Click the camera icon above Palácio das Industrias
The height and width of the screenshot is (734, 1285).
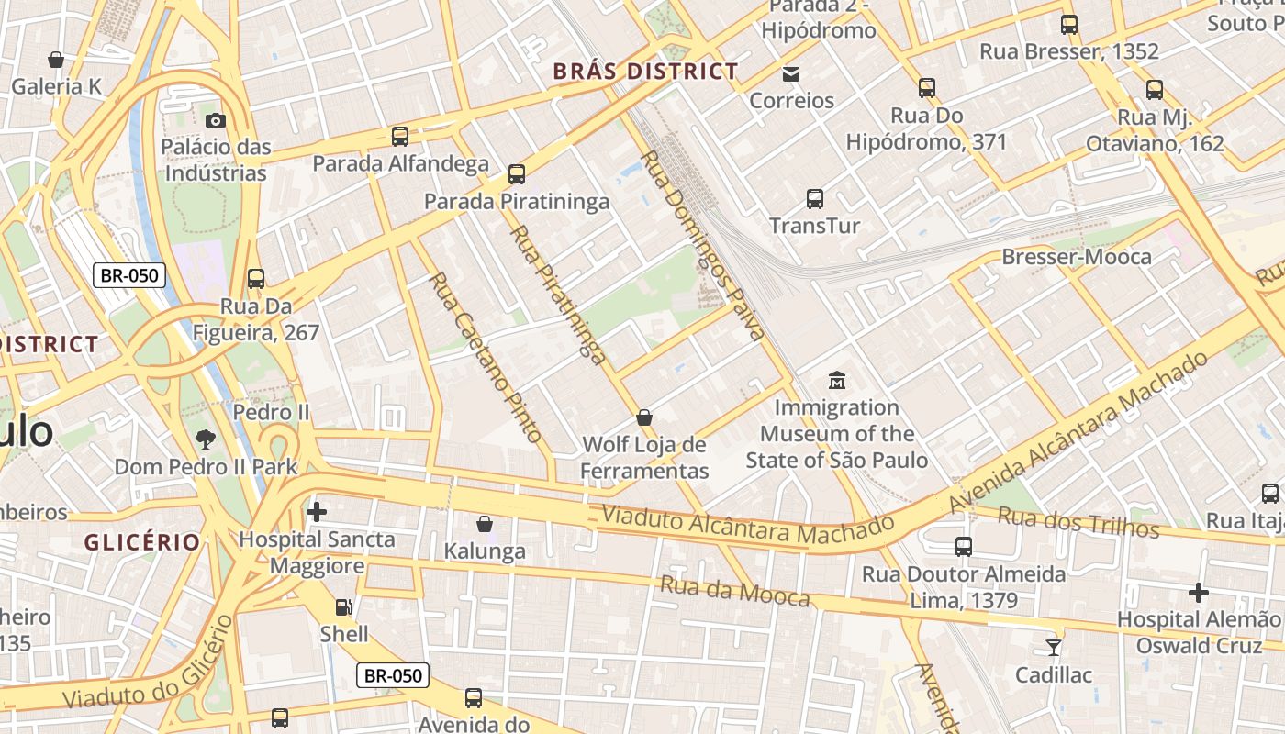point(216,120)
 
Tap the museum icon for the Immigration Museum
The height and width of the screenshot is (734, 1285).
point(837,380)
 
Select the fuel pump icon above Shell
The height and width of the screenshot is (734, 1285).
point(343,606)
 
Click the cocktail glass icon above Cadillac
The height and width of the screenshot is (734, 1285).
point(1054,648)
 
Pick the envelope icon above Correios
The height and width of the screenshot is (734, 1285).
point(791,74)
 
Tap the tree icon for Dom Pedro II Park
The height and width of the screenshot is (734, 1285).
point(206,439)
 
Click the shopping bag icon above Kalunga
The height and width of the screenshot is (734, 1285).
point(485,524)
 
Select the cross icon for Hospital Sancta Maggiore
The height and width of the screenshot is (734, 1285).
point(317,512)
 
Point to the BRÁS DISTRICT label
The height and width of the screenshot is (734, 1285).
point(645,72)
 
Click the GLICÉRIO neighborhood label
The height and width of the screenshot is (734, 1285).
point(142,542)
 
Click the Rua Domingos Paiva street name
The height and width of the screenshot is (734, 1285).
point(702,246)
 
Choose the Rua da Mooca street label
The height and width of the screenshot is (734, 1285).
point(735,592)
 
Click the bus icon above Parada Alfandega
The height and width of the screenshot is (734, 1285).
point(400,137)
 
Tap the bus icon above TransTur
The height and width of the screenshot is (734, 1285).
point(814,198)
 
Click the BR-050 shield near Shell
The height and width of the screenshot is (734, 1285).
point(393,676)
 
